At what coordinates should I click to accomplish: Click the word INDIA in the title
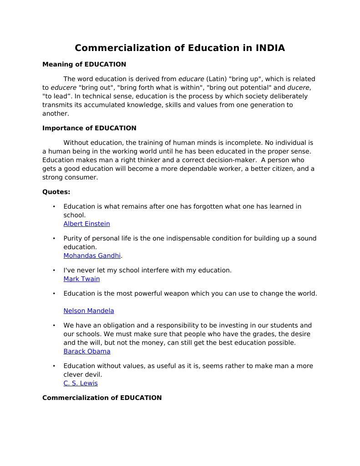tap(270, 48)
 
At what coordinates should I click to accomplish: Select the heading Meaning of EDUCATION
tap(84, 64)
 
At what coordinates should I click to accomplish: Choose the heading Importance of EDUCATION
tap(89, 128)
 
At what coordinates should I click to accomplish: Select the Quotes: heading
tap(56, 192)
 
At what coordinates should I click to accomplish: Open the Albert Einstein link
tap(86, 224)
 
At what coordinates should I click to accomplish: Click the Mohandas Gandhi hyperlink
tap(92, 256)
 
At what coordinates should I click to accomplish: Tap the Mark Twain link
tap(81, 279)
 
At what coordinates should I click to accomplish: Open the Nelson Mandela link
tap(89, 311)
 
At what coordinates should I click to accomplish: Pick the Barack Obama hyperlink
tap(87, 351)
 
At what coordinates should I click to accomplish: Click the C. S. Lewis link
tap(81, 383)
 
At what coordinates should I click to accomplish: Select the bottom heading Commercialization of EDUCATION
tap(102, 398)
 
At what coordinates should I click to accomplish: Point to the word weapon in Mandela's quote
tap(175, 293)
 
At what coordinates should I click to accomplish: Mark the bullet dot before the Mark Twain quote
tap(54, 271)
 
